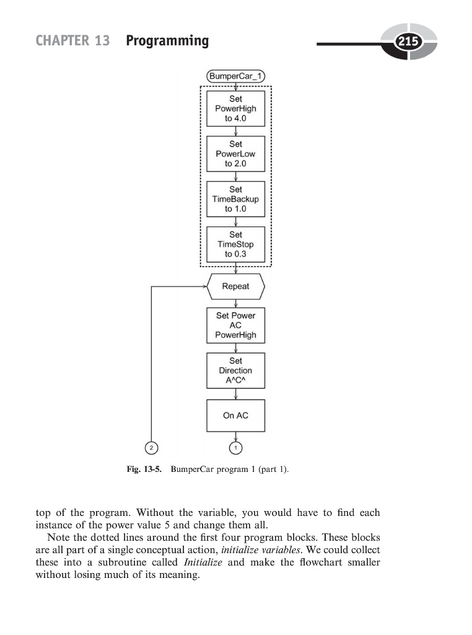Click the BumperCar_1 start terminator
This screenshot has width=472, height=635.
(x=235, y=77)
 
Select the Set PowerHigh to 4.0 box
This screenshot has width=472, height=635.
(x=235, y=109)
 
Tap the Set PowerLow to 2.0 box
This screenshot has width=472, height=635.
(x=235, y=154)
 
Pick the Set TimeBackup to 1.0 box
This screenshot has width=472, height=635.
(x=235, y=199)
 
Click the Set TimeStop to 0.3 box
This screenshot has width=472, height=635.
(x=235, y=244)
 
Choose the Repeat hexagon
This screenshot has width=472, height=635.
(x=235, y=286)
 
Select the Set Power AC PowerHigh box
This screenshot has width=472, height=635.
(x=235, y=325)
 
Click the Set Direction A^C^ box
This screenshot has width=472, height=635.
(x=235, y=370)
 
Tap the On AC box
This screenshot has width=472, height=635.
(x=235, y=415)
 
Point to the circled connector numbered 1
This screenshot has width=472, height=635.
(x=235, y=447)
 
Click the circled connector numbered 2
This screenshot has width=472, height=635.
(x=151, y=447)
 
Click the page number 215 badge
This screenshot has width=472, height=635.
(x=408, y=42)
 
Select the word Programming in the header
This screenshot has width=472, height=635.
(x=167, y=41)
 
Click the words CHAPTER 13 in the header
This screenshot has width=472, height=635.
(x=72, y=41)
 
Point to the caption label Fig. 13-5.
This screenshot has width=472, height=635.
(x=143, y=470)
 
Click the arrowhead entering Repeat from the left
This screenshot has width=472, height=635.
(x=204, y=286)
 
